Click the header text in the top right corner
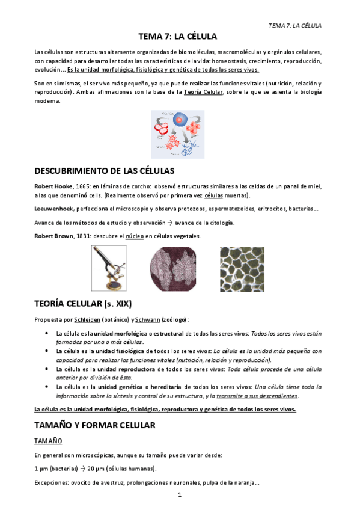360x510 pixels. [x=294, y=26]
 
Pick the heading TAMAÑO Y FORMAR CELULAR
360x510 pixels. [x=95, y=425]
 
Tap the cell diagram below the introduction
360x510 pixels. [x=177, y=134]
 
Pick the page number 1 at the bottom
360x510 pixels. [x=179, y=495]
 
